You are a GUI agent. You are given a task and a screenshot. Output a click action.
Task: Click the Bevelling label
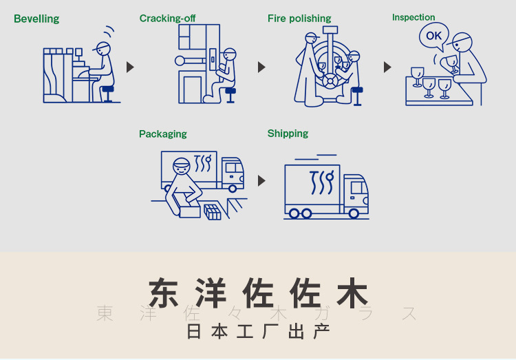click(36, 19)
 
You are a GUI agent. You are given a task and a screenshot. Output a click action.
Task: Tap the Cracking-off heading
click(167, 19)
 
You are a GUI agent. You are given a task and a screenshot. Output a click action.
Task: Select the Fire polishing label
click(299, 19)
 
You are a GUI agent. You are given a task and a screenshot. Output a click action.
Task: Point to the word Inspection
click(413, 17)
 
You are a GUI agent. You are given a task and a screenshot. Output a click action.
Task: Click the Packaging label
click(163, 134)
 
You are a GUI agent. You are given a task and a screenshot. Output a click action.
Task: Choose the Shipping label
click(288, 134)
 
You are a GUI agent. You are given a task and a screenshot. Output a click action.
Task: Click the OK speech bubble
click(434, 36)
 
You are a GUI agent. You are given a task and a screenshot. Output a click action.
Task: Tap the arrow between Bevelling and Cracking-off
click(130, 67)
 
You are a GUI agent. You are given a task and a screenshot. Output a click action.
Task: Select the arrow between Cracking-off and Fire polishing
click(261, 67)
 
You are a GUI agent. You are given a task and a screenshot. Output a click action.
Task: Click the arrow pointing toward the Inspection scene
click(387, 67)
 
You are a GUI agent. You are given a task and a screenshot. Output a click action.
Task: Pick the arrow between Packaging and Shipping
click(261, 180)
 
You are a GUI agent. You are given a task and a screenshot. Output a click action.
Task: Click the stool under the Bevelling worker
click(108, 93)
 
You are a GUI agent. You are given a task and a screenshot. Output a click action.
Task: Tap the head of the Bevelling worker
click(103, 49)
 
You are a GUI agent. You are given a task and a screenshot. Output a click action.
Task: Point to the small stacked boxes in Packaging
click(213, 211)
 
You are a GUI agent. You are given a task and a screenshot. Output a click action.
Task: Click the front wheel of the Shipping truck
click(354, 213)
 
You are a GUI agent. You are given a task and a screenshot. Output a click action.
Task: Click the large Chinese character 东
click(169, 293)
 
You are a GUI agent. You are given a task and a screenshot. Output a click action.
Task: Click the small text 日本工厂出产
click(258, 331)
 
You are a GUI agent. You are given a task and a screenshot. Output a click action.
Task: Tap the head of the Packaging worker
click(181, 166)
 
